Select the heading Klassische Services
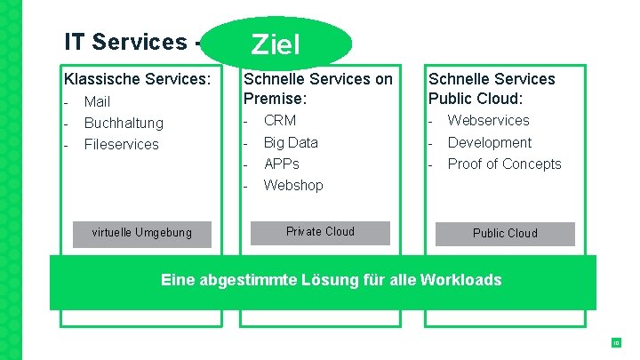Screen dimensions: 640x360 coord(137,79)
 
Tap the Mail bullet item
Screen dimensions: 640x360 coord(97,102)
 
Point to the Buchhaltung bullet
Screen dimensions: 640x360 coord(124,123)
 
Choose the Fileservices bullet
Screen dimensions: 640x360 coord(121,144)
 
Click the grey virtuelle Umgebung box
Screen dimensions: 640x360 coord(142,233)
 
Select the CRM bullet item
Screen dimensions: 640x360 coord(280,120)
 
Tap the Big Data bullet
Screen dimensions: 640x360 coord(291,142)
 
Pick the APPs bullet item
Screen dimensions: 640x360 coord(282,164)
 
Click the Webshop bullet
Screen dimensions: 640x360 coord(293,185)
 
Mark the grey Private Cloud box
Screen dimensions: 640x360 coord(321,232)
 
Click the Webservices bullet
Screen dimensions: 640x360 coord(488,120)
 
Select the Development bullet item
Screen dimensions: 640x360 coord(489,142)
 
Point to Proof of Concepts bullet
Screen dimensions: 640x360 coord(504,164)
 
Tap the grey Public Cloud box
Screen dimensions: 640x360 coord(505,233)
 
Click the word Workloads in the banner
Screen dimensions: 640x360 coord(460,280)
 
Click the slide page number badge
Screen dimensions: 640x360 coord(614,342)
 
